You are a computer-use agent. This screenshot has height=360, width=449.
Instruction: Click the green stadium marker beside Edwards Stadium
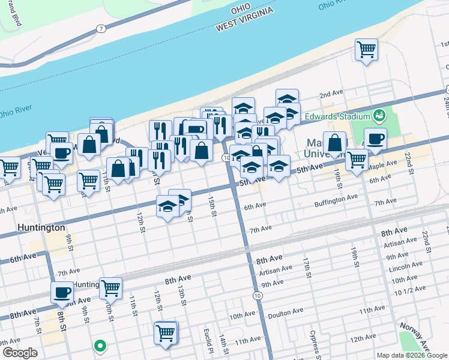pyautogui.click(x=379, y=115)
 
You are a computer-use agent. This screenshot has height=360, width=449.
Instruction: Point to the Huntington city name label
pyautogui.click(x=41, y=228)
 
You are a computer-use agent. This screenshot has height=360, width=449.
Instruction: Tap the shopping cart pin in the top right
pyautogui.click(x=367, y=49)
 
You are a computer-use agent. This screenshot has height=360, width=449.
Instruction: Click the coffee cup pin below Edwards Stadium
pyautogui.click(x=375, y=140)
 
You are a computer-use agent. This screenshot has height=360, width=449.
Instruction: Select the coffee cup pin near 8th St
pyautogui.click(x=62, y=293)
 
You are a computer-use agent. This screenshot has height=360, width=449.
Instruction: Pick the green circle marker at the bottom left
pyautogui.click(x=100, y=346)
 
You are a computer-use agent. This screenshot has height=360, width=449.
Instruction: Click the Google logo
pyautogui.click(x=20, y=353)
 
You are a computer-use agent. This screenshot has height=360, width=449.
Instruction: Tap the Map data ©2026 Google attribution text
pyautogui.click(x=412, y=355)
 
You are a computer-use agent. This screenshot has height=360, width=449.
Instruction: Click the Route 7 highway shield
pyautogui.click(x=102, y=28)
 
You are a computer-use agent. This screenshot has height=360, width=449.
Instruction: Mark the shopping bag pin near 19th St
pyautogui.click(x=334, y=143)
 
